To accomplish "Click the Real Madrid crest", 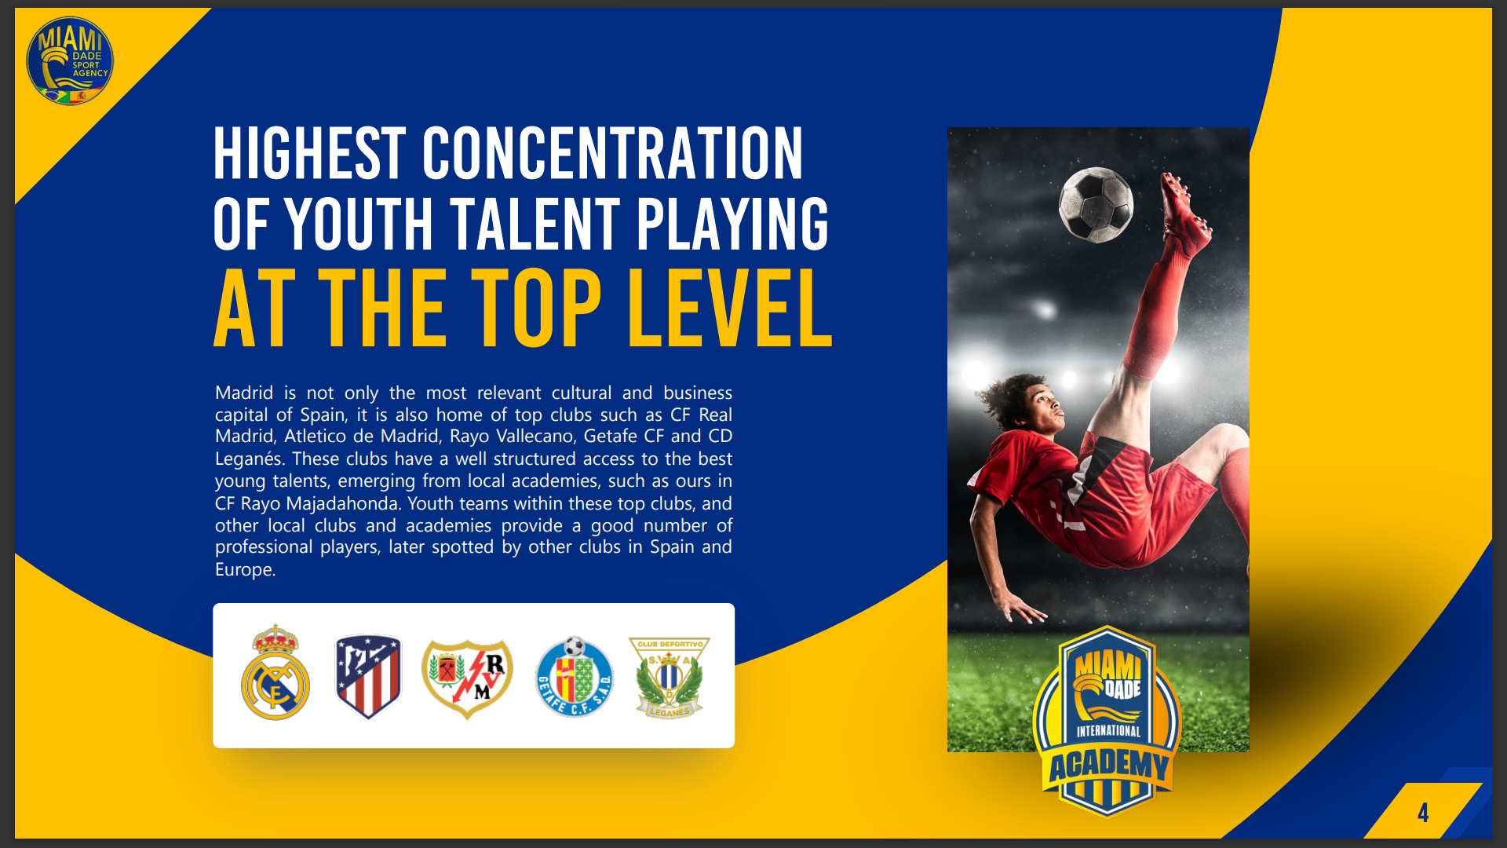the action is (x=275, y=673).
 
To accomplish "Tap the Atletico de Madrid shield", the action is (x=368, y=676).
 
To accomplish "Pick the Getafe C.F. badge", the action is (x=574, y=677).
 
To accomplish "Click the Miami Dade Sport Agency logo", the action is (x=70, y=60).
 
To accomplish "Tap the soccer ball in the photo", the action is (x=1096, y=204).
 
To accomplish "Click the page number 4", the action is (x=1423, y=813).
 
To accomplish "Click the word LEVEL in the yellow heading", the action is (x=730, y=308).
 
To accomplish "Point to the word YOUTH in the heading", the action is (x=359, y=224).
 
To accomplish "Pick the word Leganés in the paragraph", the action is (x=250, y=459).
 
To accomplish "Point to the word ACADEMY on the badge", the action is (x=1109, y=765).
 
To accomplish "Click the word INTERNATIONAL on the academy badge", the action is (x=1108, y=731).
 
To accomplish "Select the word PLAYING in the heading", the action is (x=732, y=224).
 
